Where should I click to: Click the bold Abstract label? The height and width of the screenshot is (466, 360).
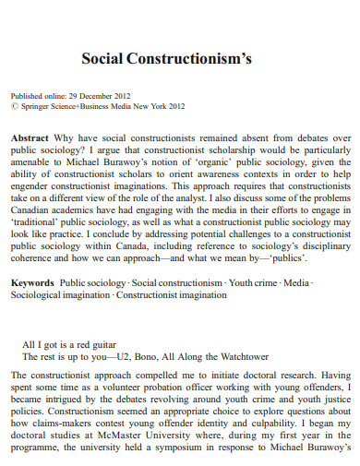point(30,136)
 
